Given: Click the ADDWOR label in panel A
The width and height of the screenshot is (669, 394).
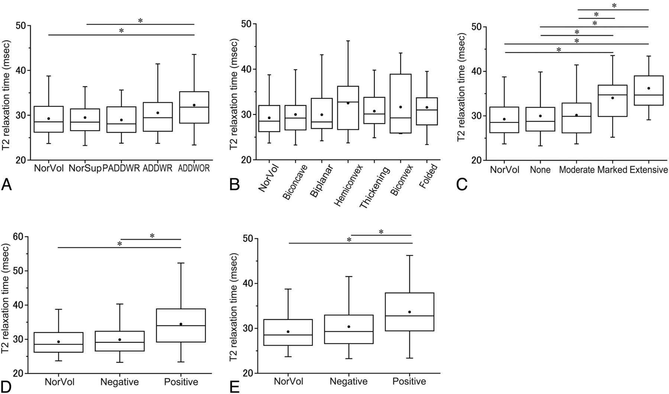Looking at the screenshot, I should pos(194,168).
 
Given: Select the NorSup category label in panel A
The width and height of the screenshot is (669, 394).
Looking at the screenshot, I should pos(85,168).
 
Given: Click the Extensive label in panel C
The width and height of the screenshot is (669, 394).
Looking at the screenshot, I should pos(649,170).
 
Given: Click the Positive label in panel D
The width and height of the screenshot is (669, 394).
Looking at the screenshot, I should pos(181,382).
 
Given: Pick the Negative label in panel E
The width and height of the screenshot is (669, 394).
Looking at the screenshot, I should pos(349,381).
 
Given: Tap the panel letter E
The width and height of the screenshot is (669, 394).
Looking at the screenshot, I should pos(234,387).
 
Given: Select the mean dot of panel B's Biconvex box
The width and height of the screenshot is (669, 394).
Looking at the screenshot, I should pos(401,107).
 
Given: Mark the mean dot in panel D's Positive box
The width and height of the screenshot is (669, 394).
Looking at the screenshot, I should pos(181,324).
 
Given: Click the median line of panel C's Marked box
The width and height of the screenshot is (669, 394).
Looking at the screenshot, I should pos(613,95).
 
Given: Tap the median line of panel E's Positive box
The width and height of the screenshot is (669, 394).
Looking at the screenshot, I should pos(409,316).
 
